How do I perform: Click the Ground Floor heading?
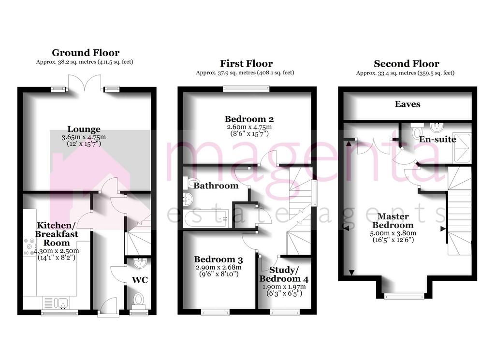coord(86,53)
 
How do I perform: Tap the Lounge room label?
coord(84,129)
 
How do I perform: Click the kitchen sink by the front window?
coord(57,303)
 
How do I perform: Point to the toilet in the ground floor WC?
coord(138,300)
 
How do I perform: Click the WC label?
coord(140,280)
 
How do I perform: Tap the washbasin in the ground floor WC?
coord(140,263)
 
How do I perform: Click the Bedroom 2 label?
coord(249,119)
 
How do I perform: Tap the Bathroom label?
coord(216,186)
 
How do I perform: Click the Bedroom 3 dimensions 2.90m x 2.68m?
coord(218,267)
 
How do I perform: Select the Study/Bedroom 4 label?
coord(284,274)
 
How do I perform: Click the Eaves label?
coord(408,104)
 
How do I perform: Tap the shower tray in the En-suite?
coord(462,148)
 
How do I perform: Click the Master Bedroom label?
coord(393,220)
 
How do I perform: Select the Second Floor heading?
coord(407,64)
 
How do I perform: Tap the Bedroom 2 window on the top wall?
coord(246,89)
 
